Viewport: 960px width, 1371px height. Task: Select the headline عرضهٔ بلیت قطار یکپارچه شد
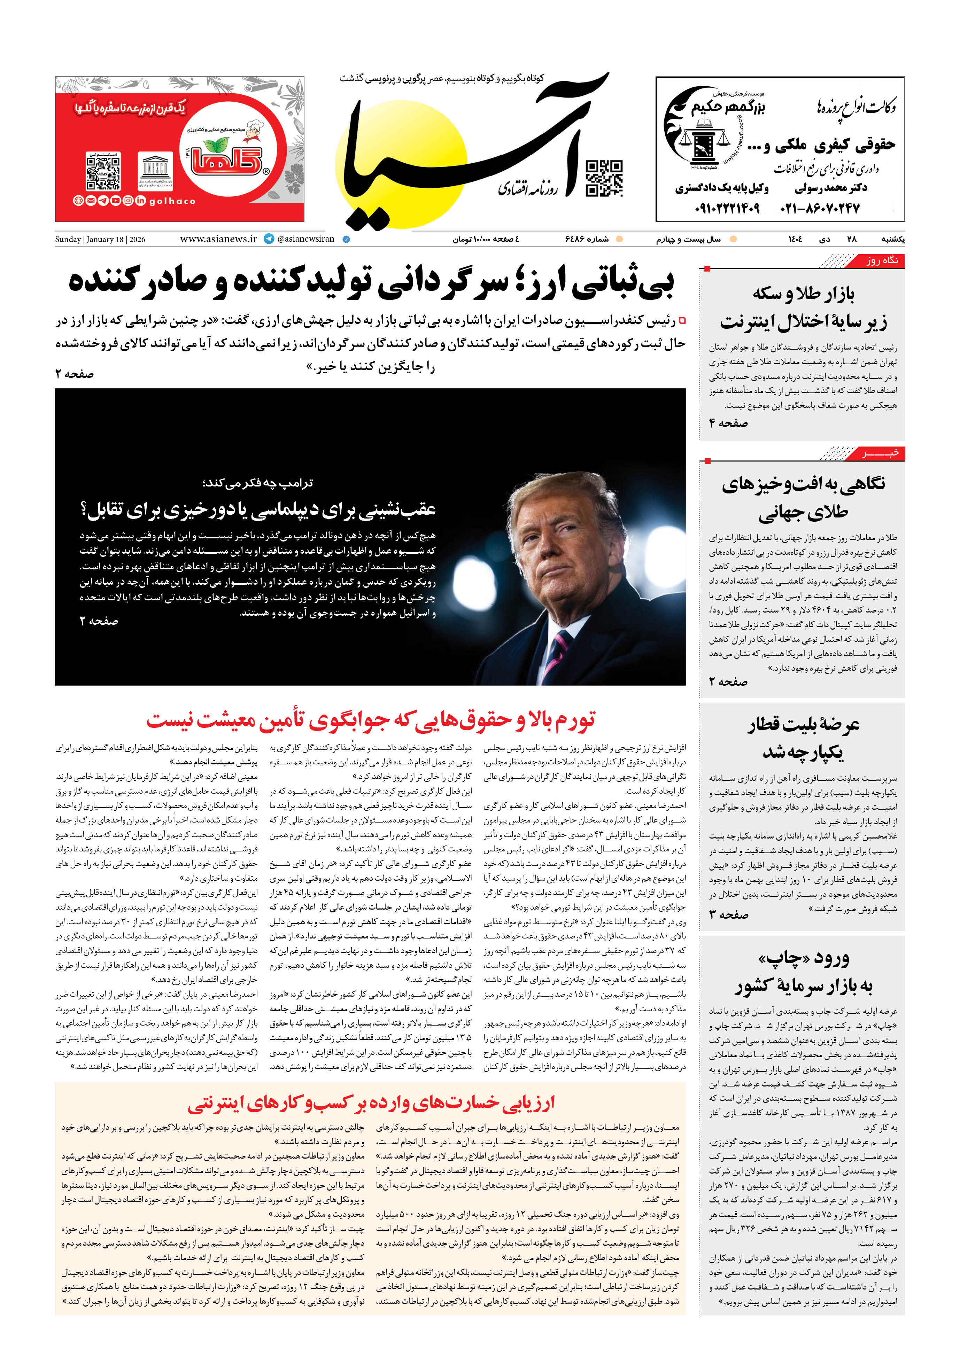point(802,738)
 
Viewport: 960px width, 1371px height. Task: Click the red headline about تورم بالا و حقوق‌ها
point(370,720)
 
